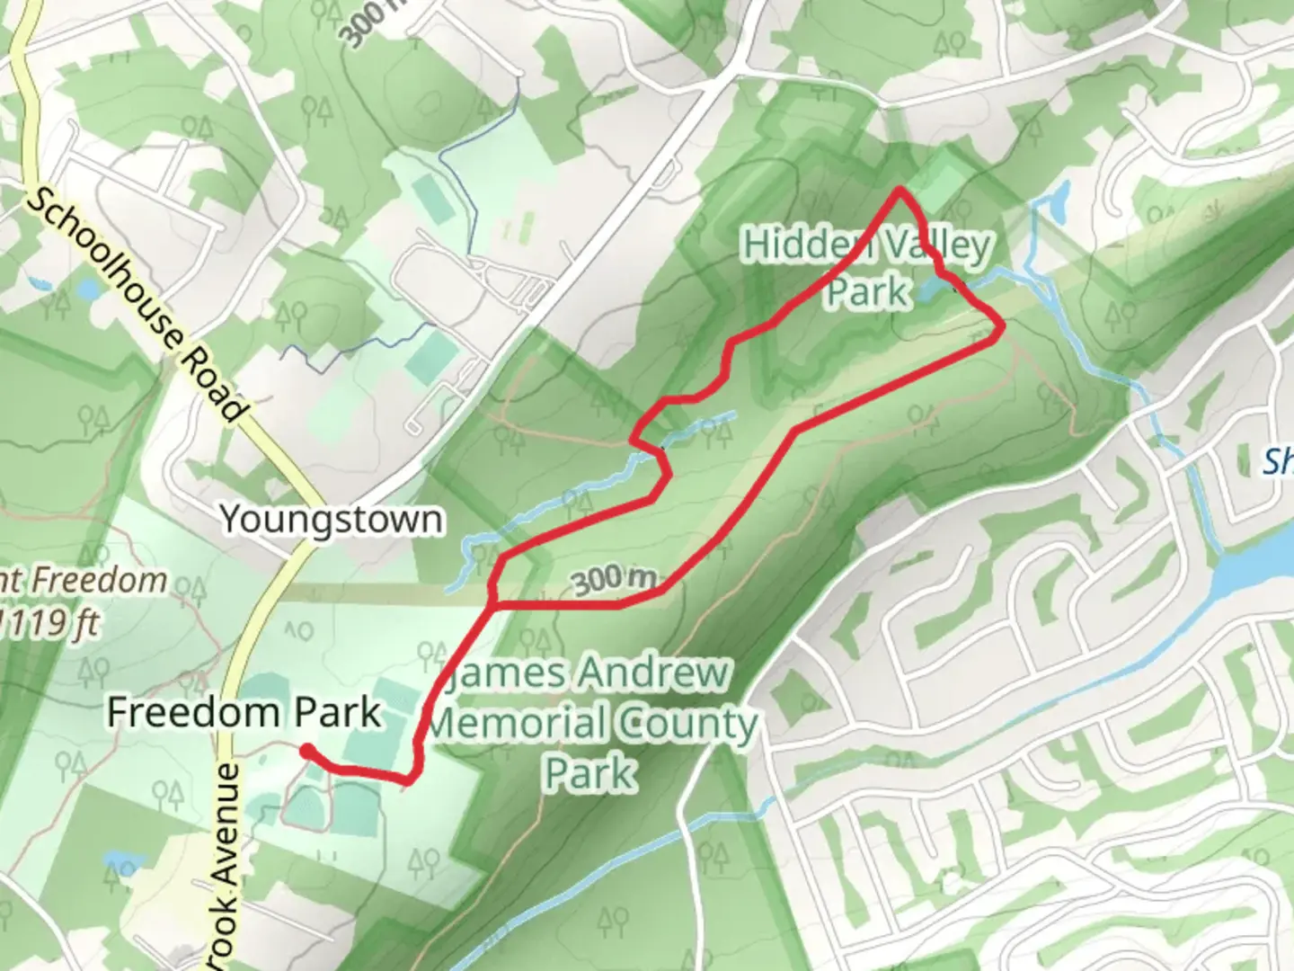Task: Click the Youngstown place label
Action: pos(332,520)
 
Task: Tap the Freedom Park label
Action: pos(244,713)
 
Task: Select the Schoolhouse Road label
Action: pos(135,306)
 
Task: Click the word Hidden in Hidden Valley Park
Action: pos(796,245)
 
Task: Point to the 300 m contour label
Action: pos(615,580)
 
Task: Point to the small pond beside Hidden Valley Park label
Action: pos(930,289)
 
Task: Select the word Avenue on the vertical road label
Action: pos(228,823)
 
